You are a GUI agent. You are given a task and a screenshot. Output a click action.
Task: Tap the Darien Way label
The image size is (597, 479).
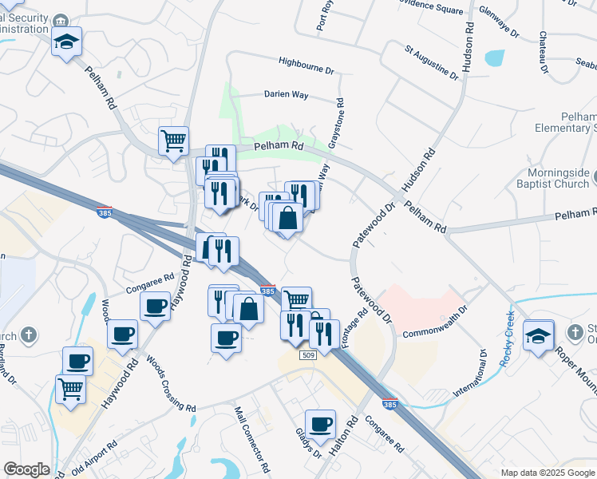coord(287,94)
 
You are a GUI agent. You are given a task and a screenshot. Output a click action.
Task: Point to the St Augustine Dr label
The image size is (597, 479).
coord(432,62)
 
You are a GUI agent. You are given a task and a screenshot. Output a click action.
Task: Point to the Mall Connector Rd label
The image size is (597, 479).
coord(255,436)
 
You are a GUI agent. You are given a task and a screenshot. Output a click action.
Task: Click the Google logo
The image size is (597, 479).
coord(26,469)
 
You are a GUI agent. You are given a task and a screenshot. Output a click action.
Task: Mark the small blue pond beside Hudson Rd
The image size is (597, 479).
coord(494,58)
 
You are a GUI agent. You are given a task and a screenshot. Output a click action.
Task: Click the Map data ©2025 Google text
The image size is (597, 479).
coord(547,473)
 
